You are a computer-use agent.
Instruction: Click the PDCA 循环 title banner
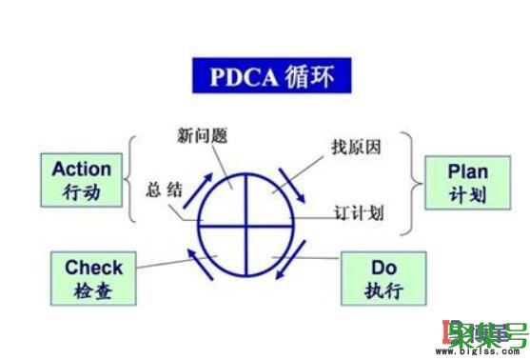pos(268,74)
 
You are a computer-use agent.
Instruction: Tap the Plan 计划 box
pos(468,183)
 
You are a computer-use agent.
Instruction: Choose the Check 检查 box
pos(93,278)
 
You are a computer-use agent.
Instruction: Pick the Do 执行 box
pos(383,278)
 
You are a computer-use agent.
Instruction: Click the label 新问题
pos(205,133)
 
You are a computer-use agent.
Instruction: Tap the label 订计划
pos(359,211)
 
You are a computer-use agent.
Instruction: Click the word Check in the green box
pos(93,268)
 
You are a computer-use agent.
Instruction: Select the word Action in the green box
pos(82,170)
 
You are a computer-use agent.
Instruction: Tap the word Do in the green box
pos(383,268)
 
